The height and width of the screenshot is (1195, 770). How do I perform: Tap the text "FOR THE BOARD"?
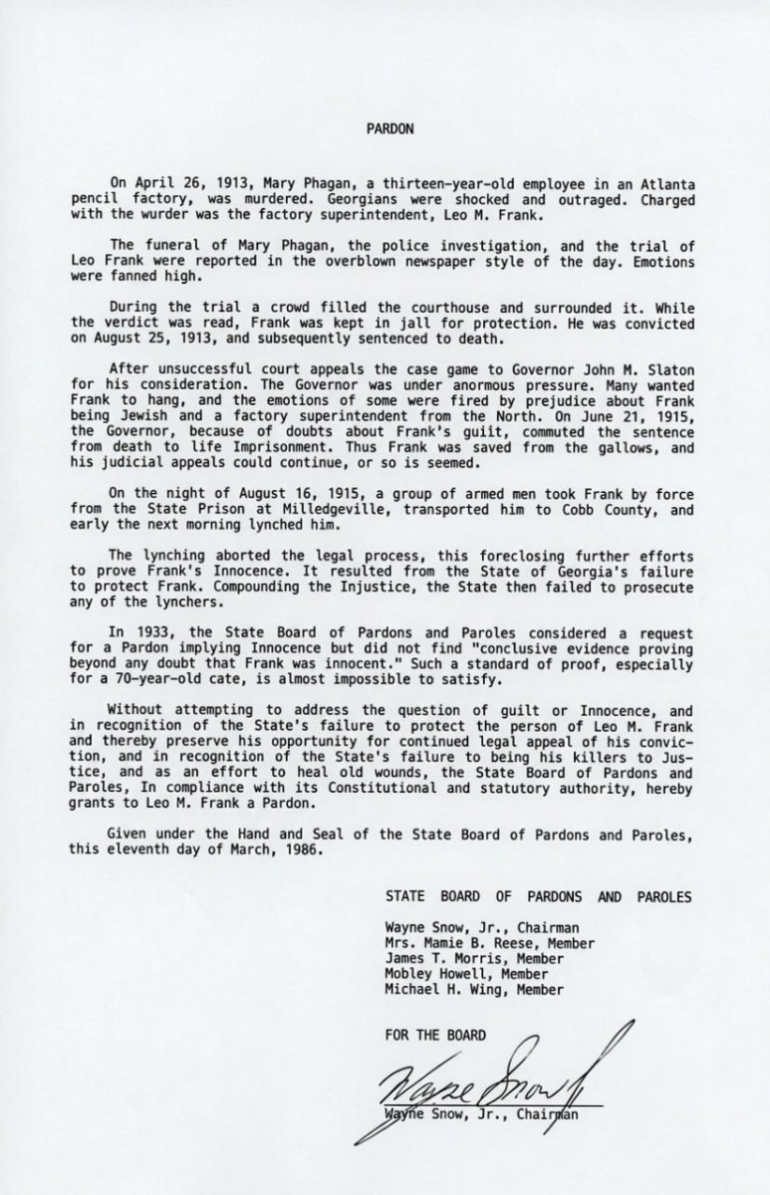tap(435, 1035)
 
